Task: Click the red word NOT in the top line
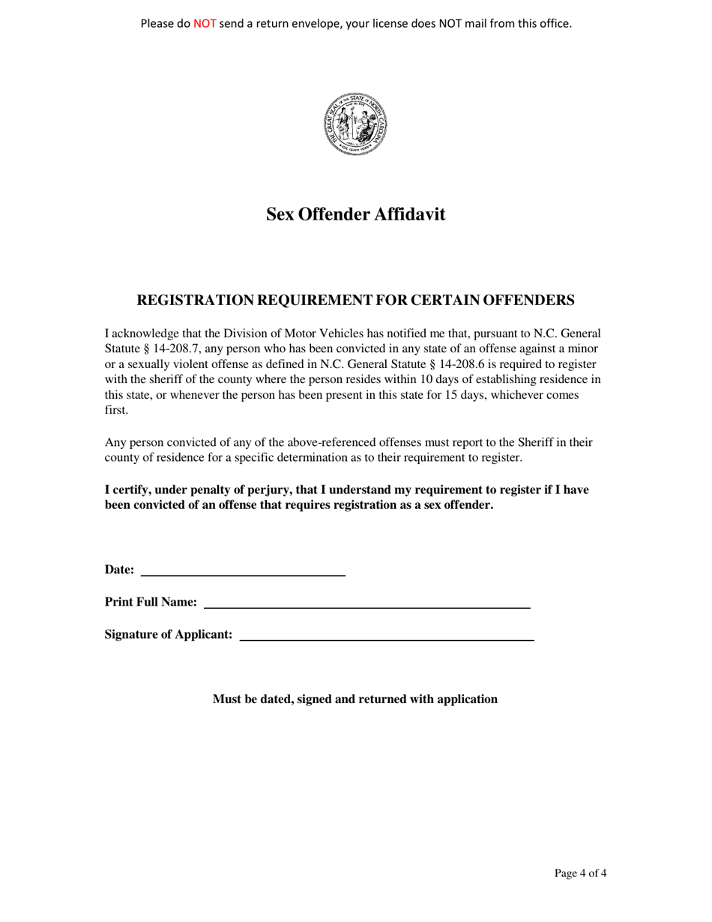pyautogui.click(x=205, y=23)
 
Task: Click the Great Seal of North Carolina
pyautogui.click(x=356, y=124)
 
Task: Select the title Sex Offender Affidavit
pyautogui.click(x=356, y=215)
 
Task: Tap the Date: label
pyautogui.click(x=119, y=570)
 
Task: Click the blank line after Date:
pyautogui.click(x=243, y=572)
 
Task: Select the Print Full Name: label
pyautogui.click(x=151, y=602)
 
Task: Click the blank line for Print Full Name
pyautogui.click(x=367, y=603)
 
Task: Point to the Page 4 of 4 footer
pyautogui.click(x=580, y=873)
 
